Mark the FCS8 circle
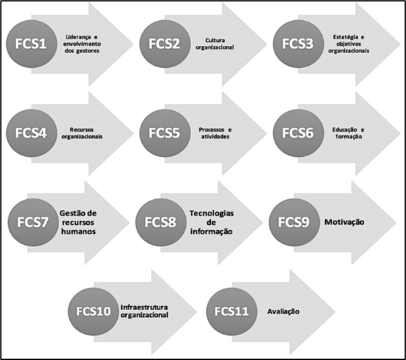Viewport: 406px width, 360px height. (162, 221)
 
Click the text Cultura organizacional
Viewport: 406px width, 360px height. (218, 44)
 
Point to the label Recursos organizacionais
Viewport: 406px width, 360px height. (84, 133)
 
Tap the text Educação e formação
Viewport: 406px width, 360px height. (348, 133)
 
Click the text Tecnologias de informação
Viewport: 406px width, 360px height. (211, 221)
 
